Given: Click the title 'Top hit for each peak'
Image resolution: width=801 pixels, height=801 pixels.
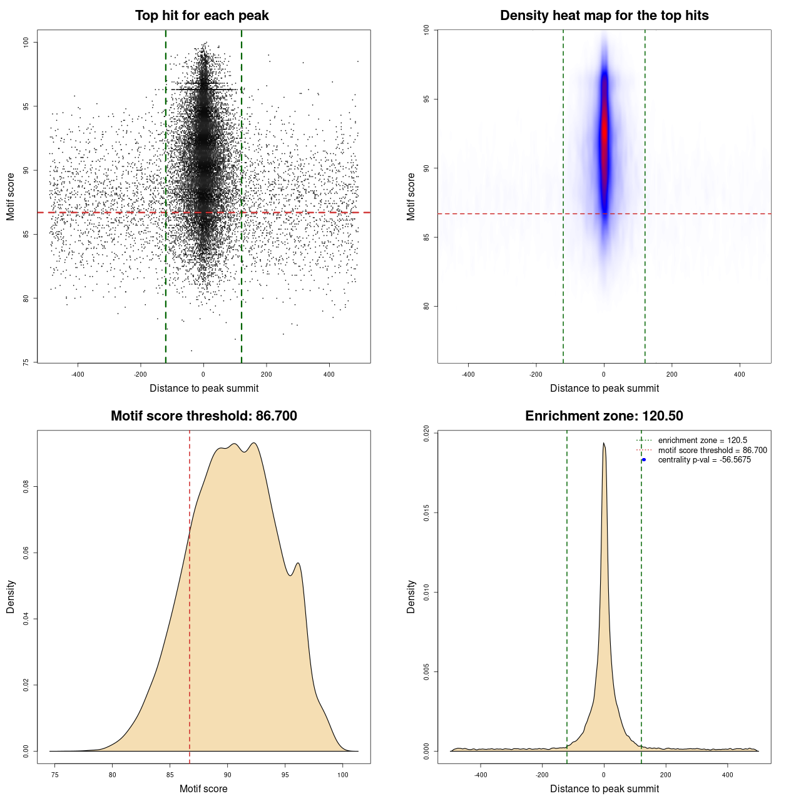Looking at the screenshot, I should [x=202, y=16].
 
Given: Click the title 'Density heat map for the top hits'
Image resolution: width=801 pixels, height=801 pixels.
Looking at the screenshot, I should [x=604, y=16].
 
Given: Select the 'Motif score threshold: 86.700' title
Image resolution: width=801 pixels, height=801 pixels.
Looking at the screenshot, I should [x=203, y=416].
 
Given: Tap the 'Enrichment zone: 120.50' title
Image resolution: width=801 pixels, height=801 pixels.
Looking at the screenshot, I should [x=604, y=416].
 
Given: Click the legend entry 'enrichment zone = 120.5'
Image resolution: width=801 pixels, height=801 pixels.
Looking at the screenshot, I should [x=702, y=441].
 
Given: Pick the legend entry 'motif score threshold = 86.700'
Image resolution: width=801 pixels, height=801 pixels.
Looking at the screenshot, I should [x=712, y=451].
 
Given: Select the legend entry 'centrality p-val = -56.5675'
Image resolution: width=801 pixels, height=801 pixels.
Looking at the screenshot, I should [x=704, y=460].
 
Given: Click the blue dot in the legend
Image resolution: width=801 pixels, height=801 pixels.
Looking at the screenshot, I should [x=644, y=460].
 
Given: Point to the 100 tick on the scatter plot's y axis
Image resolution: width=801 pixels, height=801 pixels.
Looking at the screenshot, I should [x=26, y=42].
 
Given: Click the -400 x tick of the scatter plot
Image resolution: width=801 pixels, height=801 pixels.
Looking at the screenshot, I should [x=78, y=374].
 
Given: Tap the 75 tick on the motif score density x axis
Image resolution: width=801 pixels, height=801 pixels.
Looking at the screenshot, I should [x=55, y=775].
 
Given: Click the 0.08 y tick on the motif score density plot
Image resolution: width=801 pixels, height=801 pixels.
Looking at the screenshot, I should [x=26, y=486].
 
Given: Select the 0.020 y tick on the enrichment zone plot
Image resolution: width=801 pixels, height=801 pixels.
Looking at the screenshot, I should [x=427, y=434].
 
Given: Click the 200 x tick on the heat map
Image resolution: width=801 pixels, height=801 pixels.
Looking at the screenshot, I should [x=671, y=374].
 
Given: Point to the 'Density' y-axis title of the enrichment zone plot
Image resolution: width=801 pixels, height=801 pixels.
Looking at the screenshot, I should [x=411, y=596].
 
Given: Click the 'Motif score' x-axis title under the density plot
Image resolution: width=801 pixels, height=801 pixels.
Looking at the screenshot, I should [x=203, y=788].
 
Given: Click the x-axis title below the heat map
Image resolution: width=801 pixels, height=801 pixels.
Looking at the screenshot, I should [x=604, y=388].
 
